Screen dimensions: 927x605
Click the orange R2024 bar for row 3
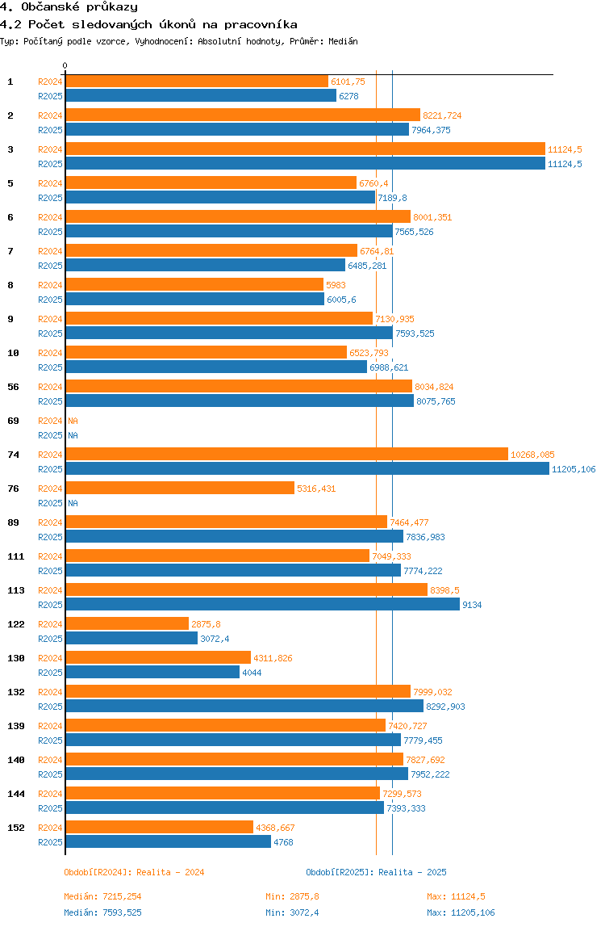coord(305,149)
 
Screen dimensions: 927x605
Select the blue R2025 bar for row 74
coord(307,469)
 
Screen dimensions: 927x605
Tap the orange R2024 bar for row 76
coord(180,489)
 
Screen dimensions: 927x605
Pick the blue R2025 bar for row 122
coord(131,639)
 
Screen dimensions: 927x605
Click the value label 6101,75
coord(348,82)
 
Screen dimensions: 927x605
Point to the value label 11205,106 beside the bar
coord(574,469)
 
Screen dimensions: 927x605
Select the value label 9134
coord(472,605)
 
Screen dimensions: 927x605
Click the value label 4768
coord(283,842)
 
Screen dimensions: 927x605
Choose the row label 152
coord(14,828)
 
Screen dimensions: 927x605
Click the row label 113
coord(14,590)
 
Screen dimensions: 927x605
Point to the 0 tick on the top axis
coord(65,66)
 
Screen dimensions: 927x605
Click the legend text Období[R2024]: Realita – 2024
coord(134,872)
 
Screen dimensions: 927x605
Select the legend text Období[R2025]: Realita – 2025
coord(376,872)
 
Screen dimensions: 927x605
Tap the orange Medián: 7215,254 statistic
coord(102,896)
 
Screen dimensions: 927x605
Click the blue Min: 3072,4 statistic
coord(292,912)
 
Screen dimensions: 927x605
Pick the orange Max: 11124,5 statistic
coord(456,896)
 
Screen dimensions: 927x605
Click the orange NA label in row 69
coord(73,421)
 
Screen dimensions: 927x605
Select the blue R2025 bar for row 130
coord(152,673)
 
